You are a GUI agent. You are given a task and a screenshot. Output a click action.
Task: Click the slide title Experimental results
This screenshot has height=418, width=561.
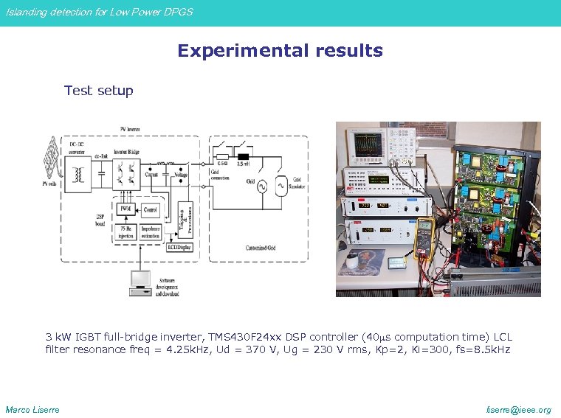point(280,51)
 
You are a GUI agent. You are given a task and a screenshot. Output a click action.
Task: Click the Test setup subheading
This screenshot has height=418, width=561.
point(98,91)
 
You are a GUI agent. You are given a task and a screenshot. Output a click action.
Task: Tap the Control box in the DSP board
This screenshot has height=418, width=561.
point(150,210)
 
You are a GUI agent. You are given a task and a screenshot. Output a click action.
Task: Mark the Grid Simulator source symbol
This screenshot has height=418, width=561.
point(281,186)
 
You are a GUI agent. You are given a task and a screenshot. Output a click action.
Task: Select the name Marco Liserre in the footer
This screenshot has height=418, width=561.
point(32,410)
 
